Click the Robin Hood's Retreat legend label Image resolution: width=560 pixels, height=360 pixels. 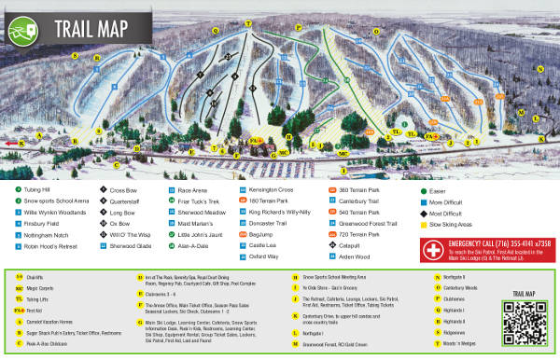click(57, 252)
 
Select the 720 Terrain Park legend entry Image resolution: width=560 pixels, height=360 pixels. click(371, 238)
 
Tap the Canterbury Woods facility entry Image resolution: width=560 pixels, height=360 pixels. click(468, 287)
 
